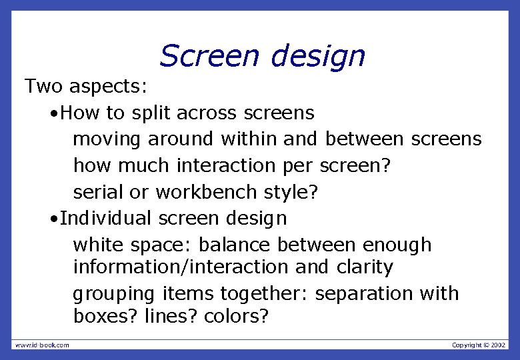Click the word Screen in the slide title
pos(209,56)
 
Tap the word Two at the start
pos(45,85)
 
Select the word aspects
pos(110,87)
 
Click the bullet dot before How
pos(53,113)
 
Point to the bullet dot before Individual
pos(53,219)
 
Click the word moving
pos(107,139)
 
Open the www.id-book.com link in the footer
pos(42,345)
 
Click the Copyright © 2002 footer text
pos(478,345)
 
